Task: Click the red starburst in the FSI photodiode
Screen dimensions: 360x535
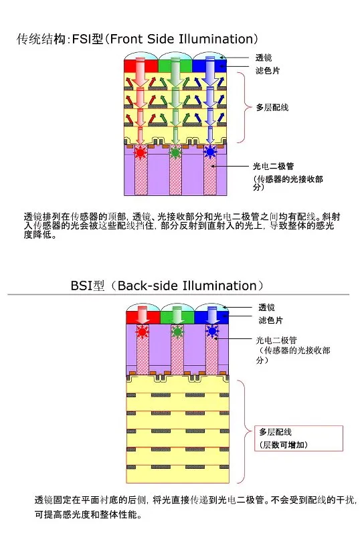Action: point(140,152)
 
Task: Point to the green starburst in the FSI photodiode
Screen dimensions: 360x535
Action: point(175,152)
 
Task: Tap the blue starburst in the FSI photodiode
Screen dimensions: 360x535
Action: point(210,152)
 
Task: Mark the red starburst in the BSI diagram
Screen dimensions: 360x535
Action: point(143,331)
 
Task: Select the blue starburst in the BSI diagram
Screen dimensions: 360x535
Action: point(212,331)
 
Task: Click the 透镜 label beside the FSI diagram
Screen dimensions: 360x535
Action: point(264,58)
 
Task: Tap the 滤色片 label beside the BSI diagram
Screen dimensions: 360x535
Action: point(271,320)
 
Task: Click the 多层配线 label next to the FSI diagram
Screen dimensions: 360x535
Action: point(272,108)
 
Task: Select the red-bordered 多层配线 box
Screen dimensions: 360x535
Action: point(298,439)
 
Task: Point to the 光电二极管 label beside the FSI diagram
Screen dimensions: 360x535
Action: point(273,166)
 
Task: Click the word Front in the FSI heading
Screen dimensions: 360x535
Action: point(126,39)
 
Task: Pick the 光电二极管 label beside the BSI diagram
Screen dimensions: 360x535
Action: point(276,340)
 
